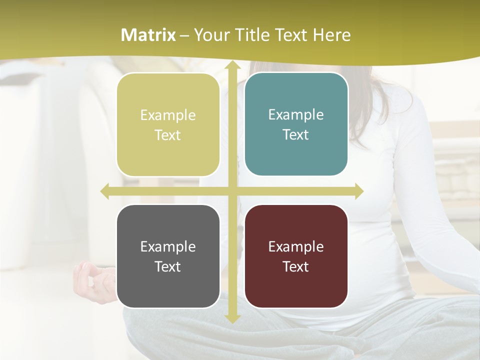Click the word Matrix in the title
148,35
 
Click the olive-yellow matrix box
168,124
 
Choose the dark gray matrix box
168,256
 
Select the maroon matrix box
296,256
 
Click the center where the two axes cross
232,191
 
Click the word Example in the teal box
296,114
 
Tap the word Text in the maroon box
296,266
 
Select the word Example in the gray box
168,246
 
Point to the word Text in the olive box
168,135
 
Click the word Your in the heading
210,35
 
